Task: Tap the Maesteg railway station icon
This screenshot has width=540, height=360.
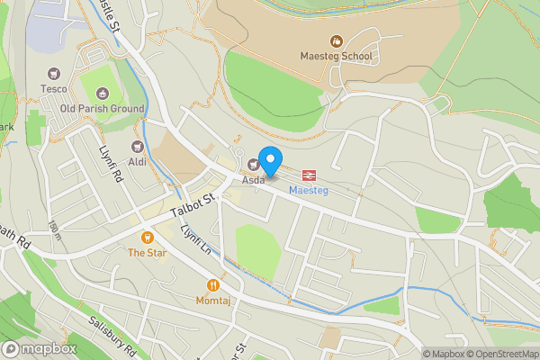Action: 309,175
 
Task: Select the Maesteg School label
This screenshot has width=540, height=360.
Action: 336,56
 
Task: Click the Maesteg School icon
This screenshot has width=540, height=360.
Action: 336,40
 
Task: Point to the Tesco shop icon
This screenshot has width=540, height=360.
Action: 53,74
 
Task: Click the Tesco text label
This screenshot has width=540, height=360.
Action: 53,88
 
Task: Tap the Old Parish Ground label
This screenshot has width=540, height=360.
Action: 102,109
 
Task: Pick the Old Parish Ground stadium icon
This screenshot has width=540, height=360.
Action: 102,94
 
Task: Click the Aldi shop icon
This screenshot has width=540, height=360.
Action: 138,146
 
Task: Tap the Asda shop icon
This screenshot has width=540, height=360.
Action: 253,164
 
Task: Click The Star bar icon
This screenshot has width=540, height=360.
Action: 147,238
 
